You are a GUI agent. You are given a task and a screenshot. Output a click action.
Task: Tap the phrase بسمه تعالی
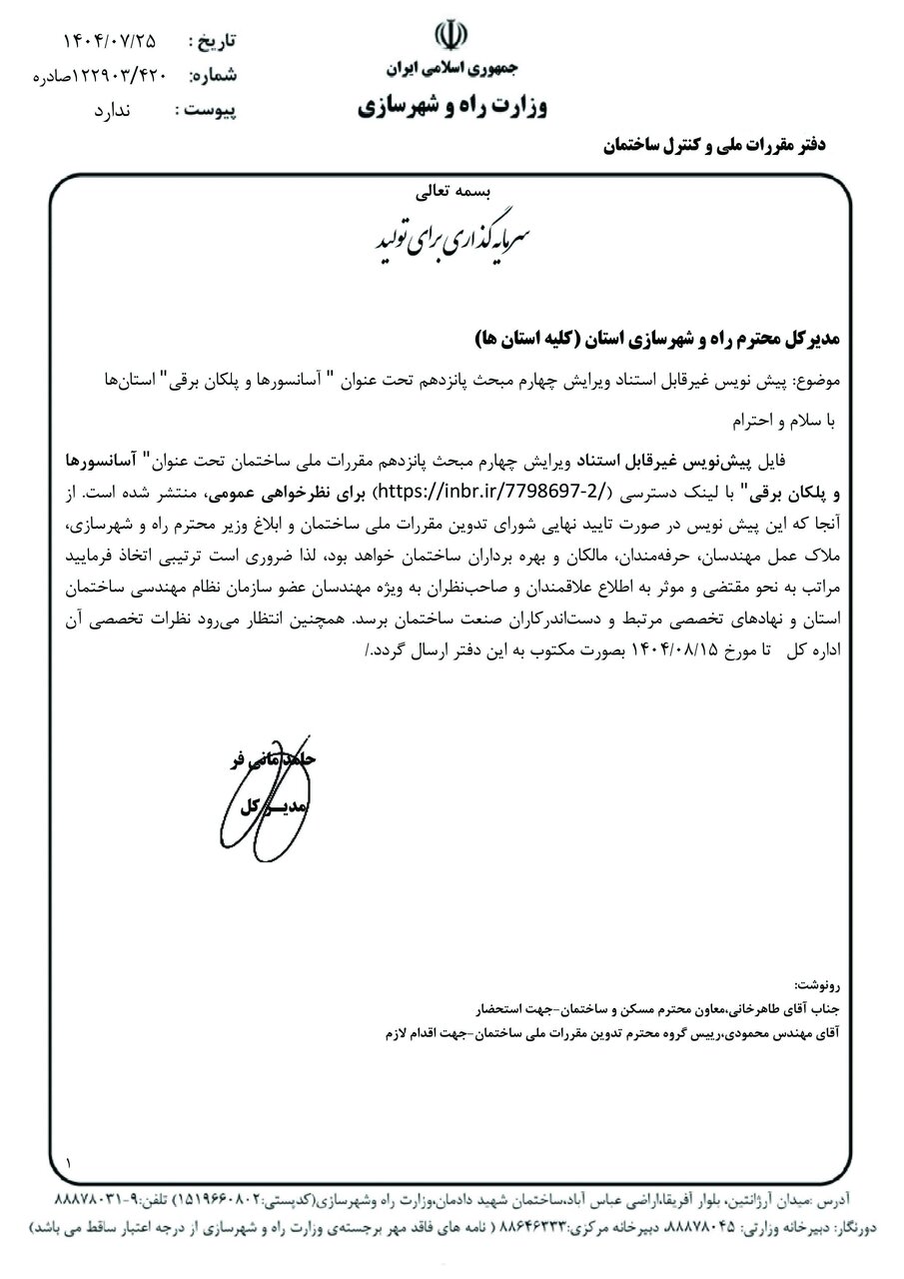point(452,189)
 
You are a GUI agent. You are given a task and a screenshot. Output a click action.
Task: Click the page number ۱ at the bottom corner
point(69,1163)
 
